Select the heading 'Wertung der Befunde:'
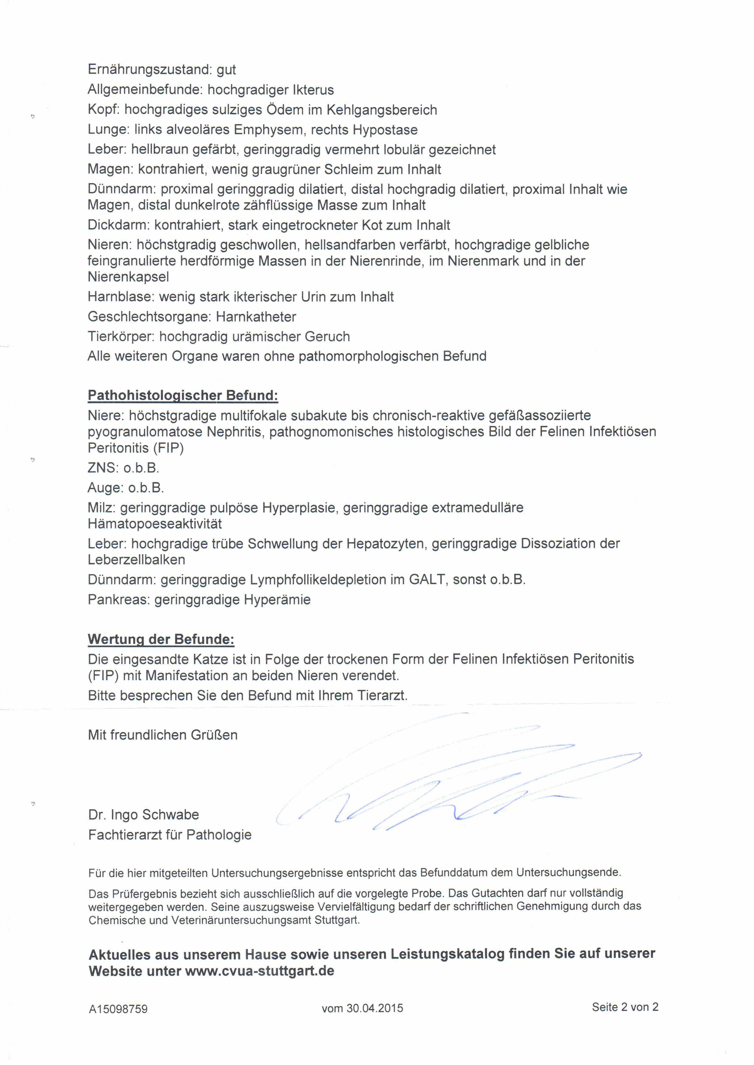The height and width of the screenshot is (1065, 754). click(161, 639)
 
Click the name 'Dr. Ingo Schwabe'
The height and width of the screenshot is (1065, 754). click(143, 814)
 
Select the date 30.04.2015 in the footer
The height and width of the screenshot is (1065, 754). click(375, 1008)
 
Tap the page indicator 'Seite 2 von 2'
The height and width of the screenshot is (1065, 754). click(625, 1007)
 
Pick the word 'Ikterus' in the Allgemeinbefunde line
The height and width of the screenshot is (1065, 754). click(313, 90)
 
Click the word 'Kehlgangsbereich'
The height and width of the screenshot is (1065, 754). click(382, 110)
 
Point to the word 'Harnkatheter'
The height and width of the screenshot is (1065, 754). click(256, 317)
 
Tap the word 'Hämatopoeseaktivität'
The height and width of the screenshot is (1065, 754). click(155, 524)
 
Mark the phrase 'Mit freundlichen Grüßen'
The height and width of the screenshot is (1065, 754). click(163, 735)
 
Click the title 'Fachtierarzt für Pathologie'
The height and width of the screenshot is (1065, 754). click(170, 835)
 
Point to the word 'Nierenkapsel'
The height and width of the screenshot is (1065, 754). click(128, 277)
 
